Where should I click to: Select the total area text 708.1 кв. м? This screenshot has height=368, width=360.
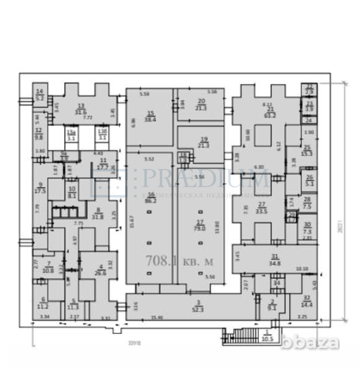[179, 261]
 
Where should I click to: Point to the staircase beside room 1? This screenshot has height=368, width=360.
[241, 336]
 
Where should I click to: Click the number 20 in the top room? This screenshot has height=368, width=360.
[201, 101]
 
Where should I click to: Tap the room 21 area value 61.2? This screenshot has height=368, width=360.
[269, 116]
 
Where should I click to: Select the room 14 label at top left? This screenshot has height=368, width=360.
[40, 91]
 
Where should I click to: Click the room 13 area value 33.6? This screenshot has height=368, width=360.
[81, 111]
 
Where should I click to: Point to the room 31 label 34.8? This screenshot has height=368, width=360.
[273, 263]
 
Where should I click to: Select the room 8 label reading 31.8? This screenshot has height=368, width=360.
[98, 216]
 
